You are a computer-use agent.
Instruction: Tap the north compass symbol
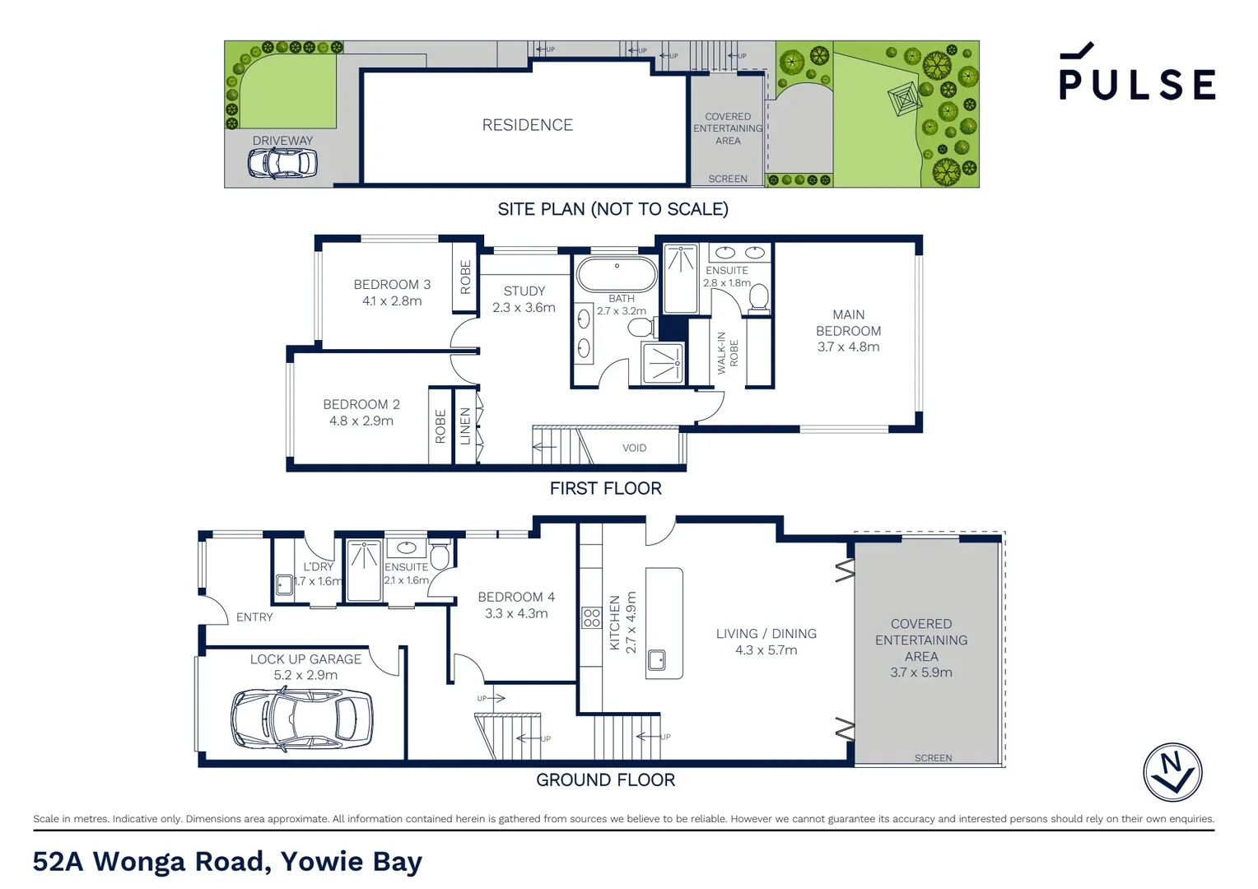tap(1172, 772)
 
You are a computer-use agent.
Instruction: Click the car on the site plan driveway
tap(282, 164)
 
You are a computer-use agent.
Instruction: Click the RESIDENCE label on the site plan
tap(527, 125)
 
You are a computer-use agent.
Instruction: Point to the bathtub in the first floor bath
tap(617, 273)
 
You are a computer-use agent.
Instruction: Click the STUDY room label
tap(524, 291)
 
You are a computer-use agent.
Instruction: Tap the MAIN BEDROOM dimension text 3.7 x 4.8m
tap(848, 347)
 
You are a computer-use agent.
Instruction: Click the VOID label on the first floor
tap(634, 448)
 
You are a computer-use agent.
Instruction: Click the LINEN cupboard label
tap(465, 426)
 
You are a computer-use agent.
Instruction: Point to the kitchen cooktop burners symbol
tap(591, 617)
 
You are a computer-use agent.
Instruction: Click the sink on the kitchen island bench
tap(657, 659)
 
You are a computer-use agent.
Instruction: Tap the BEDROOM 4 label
tap(516, 597)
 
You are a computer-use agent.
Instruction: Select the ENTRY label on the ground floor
tap(254, 617)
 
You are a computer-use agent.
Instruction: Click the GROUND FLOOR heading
tap(605, 780)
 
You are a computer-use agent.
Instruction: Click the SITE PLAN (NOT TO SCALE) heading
tap(613, 209)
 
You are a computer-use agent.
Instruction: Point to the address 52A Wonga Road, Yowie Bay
tap(227, 861)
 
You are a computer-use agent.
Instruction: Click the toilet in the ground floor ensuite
tap(439, 557)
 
